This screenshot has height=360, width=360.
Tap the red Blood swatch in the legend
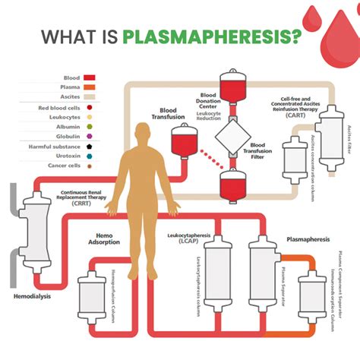coord(88,77)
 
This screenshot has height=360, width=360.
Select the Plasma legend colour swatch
coord(88,87)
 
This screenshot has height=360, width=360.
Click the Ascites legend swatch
coord(88,97)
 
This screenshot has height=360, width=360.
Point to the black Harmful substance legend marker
coord(88,145)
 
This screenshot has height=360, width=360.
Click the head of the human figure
coord(145,131)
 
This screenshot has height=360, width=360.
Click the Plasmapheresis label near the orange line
coord(308,239)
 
